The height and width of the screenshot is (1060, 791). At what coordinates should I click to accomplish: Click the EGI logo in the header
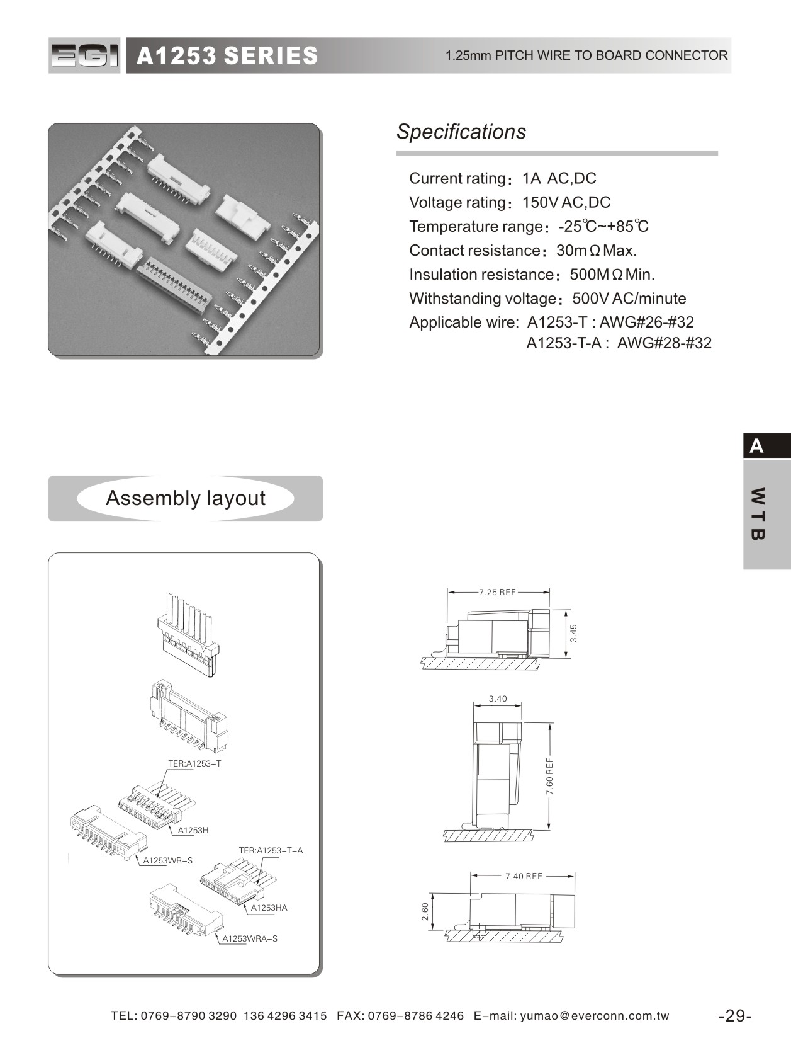(x=84, y=55)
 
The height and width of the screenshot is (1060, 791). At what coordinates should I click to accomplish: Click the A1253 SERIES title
(x=227, y=56)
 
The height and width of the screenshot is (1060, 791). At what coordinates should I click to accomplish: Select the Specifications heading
(x=461, y=132)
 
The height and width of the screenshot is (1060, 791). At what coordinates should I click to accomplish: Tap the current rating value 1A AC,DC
(x=559, y=178)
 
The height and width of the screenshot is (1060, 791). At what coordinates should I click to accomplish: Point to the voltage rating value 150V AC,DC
(x=566, y=202)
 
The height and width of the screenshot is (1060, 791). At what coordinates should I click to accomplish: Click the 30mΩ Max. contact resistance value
(x=597, y=251)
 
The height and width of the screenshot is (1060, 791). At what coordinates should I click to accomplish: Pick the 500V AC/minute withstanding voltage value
(x=629, y=299)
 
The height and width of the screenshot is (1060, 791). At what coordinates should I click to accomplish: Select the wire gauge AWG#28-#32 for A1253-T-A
(x=664, y=343)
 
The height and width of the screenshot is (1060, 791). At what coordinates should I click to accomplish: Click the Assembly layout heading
(x=186, y=498)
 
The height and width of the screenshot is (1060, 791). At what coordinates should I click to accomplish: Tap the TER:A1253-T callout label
(x=194, y=763)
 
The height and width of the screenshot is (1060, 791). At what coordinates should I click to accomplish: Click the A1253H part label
(x=193, y=830)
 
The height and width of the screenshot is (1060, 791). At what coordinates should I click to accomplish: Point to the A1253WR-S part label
(x=167, y=860)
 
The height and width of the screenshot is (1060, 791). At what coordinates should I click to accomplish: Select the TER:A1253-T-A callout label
(x=271, y=850)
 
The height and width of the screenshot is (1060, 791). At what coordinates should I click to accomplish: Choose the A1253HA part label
(x=269, y=908)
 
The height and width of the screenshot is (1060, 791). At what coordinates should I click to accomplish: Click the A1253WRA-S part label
(x=250, y=938)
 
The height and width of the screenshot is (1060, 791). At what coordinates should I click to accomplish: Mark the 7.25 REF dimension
(x=497, y=592)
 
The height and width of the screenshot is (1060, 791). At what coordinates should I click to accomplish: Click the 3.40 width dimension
(x=498, y=698)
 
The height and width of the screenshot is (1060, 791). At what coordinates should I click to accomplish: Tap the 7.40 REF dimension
(x=524, y=876)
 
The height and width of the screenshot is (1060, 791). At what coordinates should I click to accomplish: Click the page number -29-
(x=735, y=1016)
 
